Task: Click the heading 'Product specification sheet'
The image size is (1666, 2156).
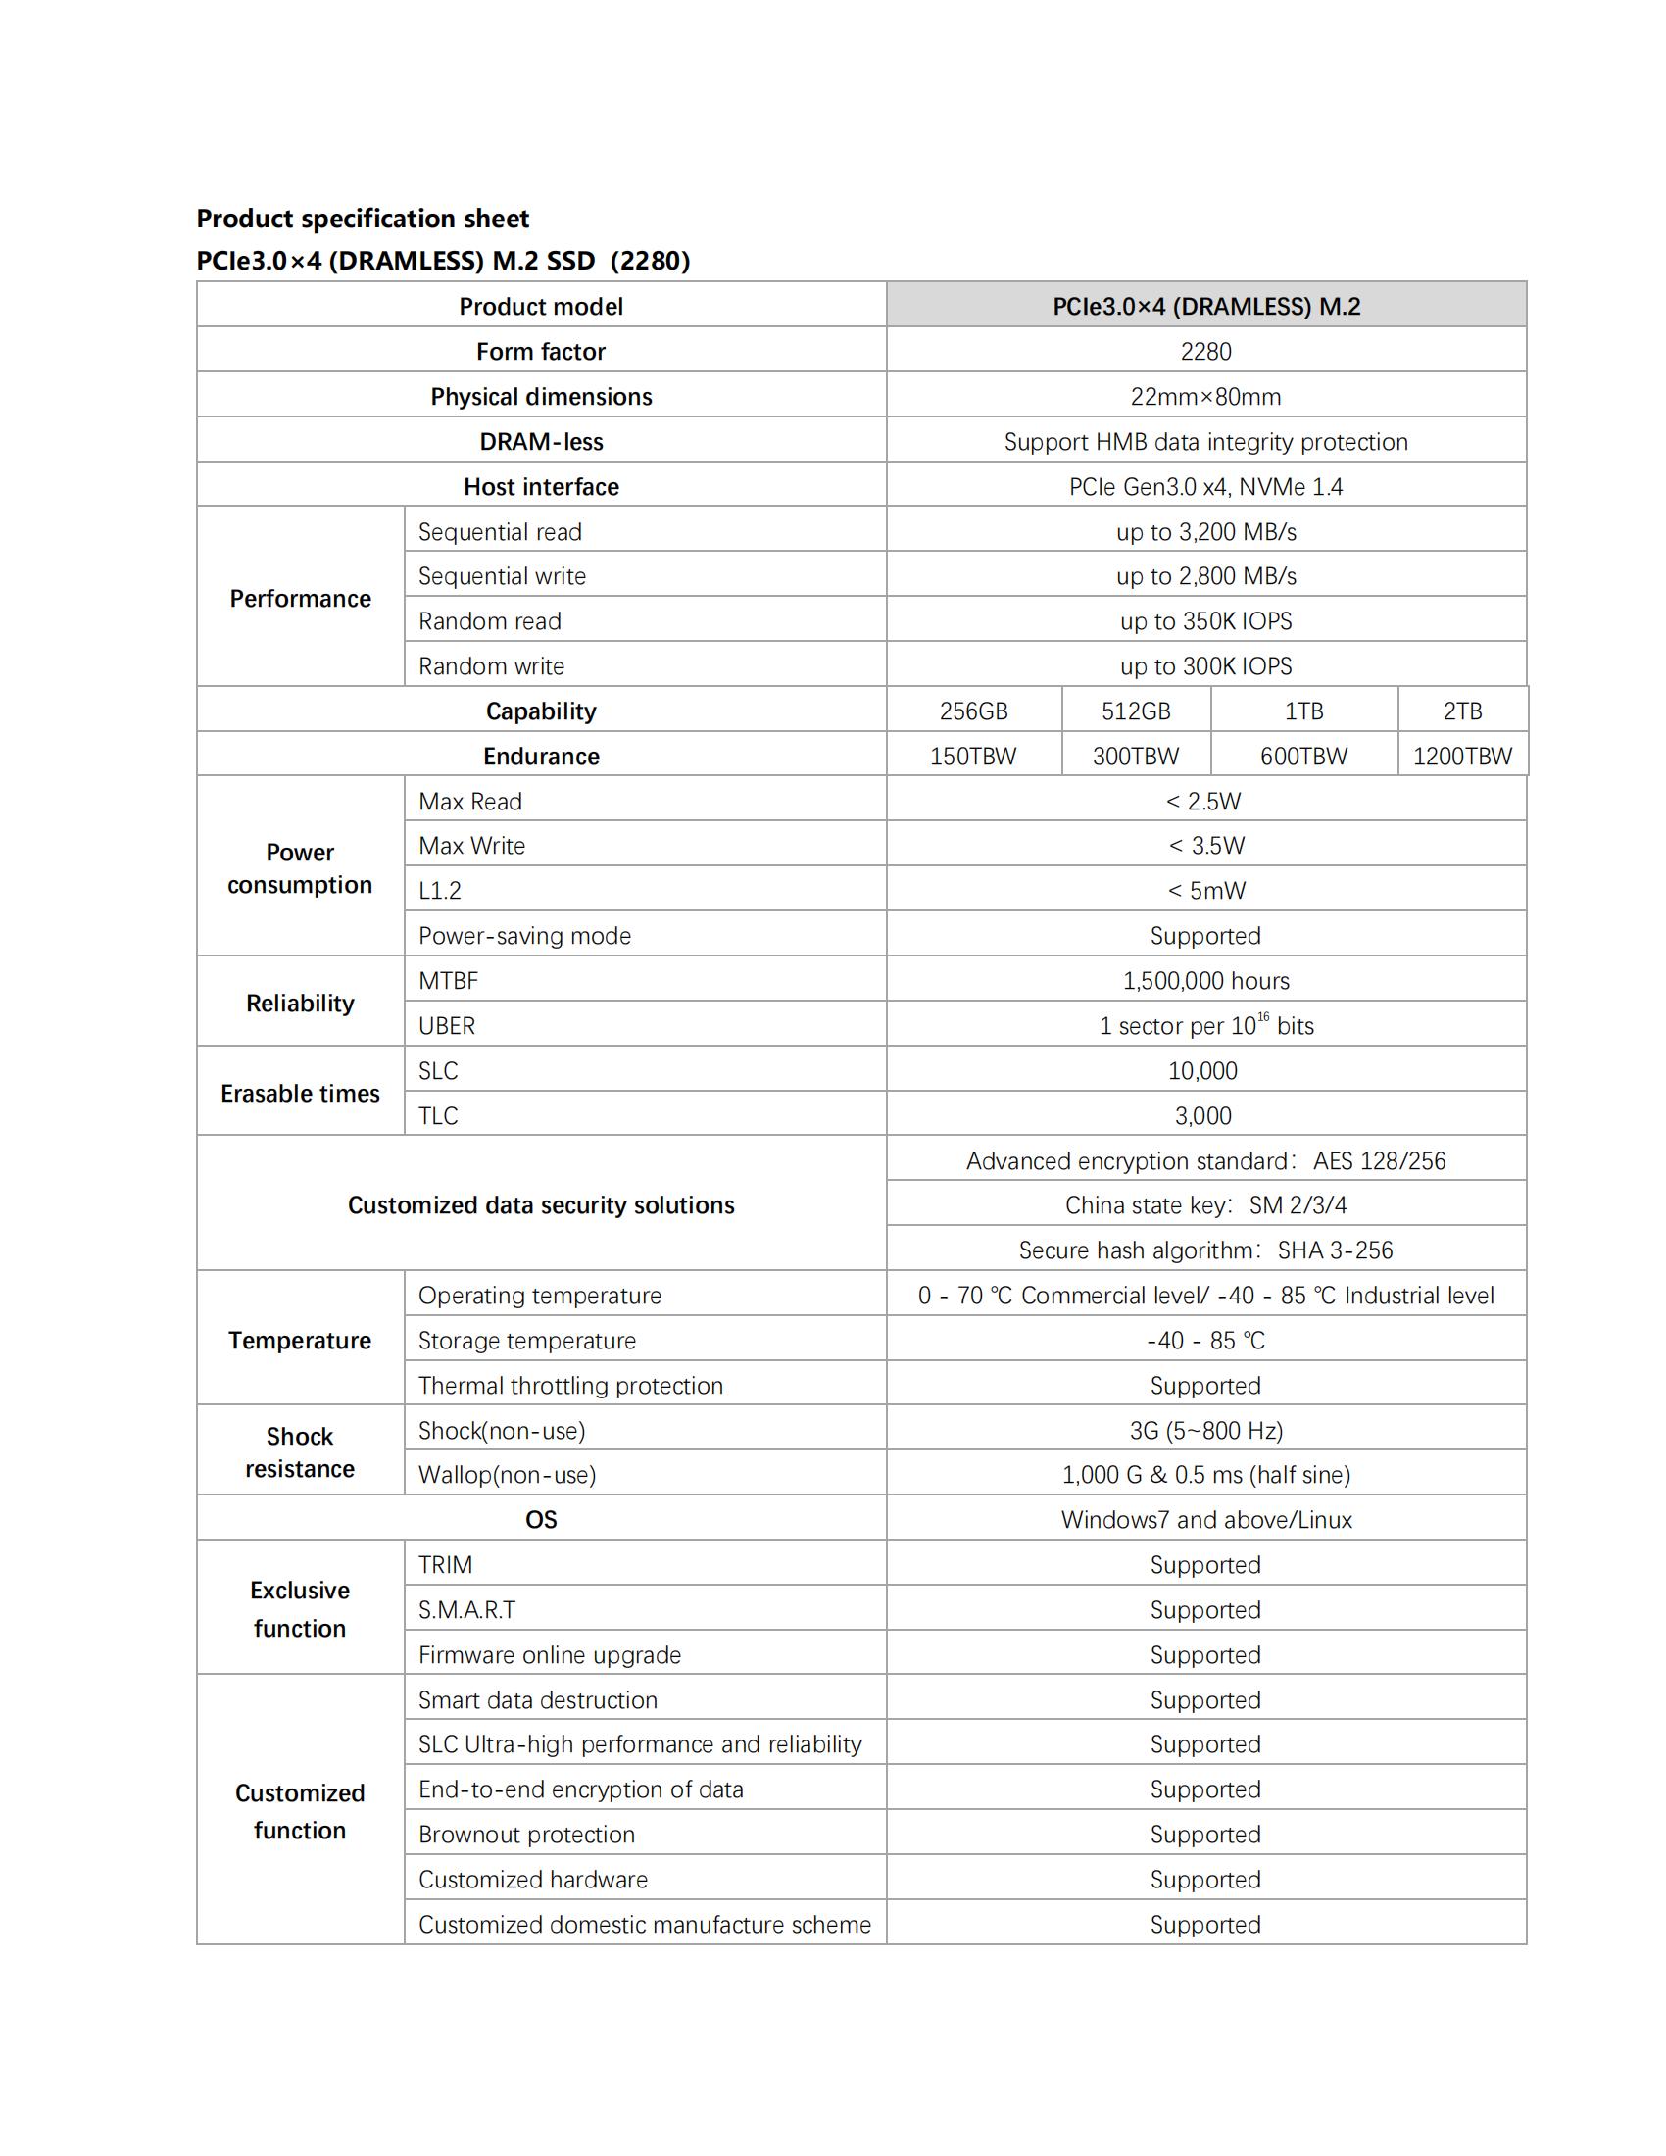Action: (x=363, y=219)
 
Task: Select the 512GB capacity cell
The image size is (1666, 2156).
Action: (x=1135, y=710)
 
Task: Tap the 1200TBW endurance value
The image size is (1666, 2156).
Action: (x=1462, y=757)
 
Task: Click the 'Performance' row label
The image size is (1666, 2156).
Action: (x=300, y=598)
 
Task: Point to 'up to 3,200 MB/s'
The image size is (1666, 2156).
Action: (x=1205, y=532)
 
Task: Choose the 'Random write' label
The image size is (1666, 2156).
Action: (x=491, y=666)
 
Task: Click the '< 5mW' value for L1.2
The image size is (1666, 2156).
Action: (x=1205, y=891)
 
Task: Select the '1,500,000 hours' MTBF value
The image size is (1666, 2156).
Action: (x=1205, y=980)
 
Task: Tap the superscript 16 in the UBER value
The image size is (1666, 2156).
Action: (x=1262, y=1017)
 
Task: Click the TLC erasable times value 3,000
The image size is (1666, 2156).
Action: (x=1202, y=1115)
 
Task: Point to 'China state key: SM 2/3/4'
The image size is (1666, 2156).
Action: (x=1205, y=1205)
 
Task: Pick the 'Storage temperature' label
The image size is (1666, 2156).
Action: (x=527, y=1341)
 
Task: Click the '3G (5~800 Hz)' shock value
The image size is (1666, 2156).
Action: (x=1205, y=1431)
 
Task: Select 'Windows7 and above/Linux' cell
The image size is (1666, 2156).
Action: (x=1205, y=1519)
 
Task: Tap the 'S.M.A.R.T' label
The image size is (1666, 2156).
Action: (x=466, y=1610)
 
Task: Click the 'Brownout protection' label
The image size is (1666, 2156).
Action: (x=526, y=1835)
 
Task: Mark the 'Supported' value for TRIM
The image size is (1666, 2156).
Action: (x=1205, y=1565)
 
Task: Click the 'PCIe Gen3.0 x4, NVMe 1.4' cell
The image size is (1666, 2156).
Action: (x=1205, y=487)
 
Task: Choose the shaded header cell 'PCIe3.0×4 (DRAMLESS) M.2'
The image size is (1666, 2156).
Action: (x=1205, y=306)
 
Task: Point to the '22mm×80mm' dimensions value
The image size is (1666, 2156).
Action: (x=1205, y=397)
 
